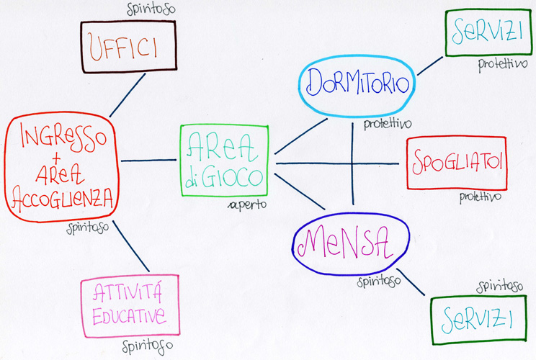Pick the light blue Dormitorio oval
click(x=357, y=84)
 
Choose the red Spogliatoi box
click(x=456, y=163)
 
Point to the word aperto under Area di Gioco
click(x=248, y=204)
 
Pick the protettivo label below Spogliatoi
click(x=480, y=196)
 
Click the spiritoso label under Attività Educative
click(x=148, y=346)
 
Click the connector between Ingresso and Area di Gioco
click(x=150, y=161)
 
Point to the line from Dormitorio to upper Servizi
click(x=430, y=66)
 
